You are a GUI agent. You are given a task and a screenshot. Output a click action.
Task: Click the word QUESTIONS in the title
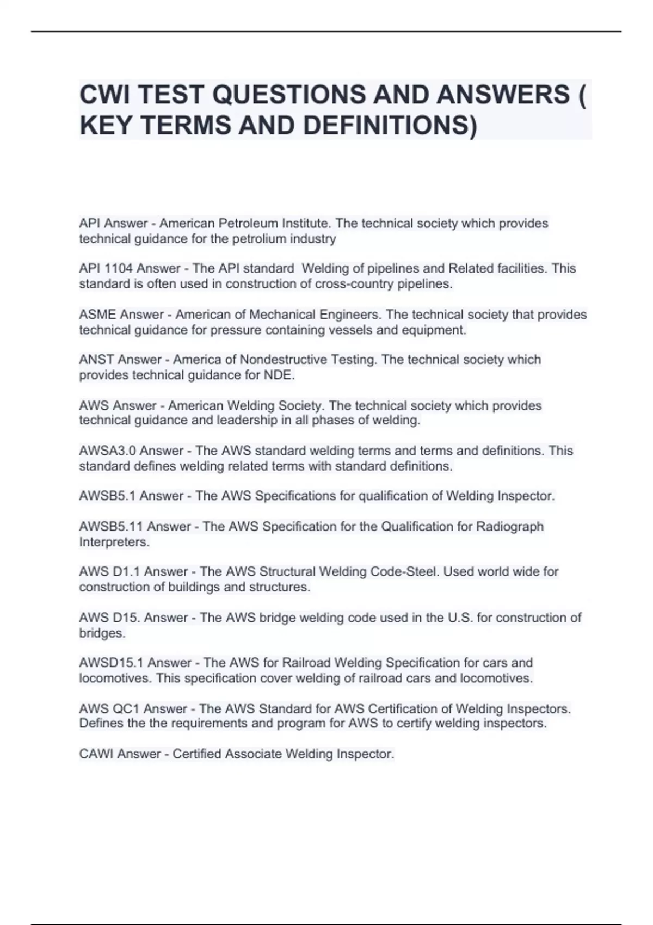289,95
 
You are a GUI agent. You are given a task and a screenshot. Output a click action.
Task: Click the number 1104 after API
118,269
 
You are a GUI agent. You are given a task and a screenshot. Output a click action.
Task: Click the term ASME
97,315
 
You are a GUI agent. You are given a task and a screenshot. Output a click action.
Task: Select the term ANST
96,360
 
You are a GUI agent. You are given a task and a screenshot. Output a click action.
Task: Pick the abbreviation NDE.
279,375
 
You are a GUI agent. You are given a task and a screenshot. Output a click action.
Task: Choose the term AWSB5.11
111,527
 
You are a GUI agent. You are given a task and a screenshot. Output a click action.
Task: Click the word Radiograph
510,527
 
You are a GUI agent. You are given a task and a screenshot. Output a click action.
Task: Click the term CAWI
96,754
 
